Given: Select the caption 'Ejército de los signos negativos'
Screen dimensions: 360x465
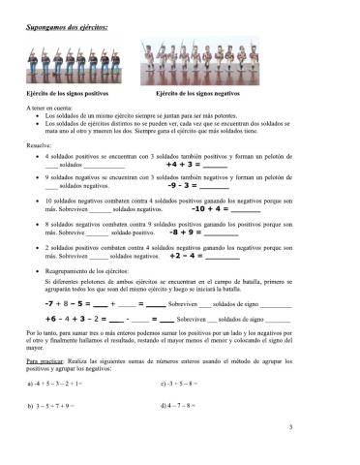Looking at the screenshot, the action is click(196, 93).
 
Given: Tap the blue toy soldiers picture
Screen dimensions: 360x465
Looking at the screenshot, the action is click(65, 67).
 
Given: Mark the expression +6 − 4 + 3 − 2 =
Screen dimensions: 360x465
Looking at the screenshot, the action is click(77, 318).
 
